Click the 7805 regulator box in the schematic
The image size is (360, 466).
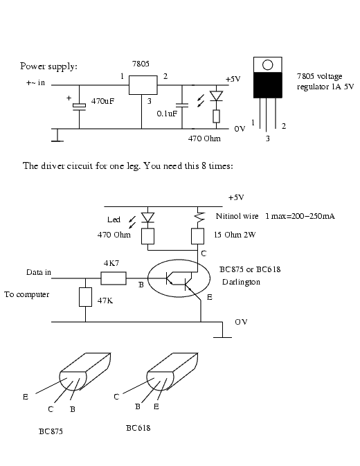click(142, 85)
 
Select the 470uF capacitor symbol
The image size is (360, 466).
click(80, 105)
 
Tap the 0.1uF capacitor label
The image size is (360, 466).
click(166, 113)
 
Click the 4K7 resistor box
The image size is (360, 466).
click(114, 278)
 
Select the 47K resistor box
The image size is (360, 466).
click(85, 296)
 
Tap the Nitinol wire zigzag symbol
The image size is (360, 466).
click(199, 217)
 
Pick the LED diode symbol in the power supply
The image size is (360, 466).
click(216, 97)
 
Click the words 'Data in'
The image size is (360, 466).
click(39, 272)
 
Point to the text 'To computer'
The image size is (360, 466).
click(27, 294)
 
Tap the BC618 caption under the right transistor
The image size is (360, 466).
click(138, 428)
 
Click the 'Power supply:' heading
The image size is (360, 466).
click(48, 66)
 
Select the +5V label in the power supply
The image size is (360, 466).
click(233, 79)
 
